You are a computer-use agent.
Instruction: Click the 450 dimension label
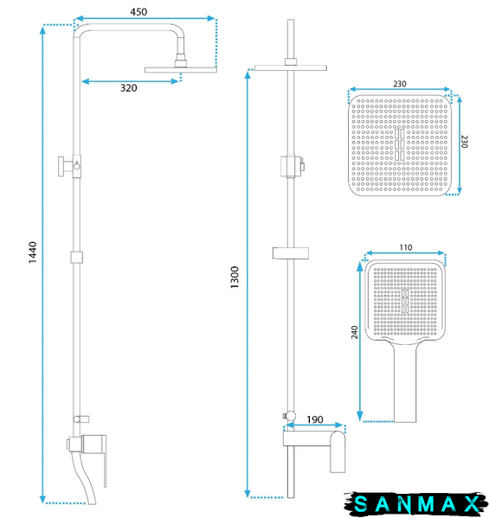click(138, 12)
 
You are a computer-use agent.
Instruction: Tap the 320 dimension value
click(129, 88)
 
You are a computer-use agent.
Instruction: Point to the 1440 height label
click(33, 253)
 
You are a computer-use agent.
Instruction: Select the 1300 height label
click(235, 278)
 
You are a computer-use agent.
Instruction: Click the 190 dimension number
click(315, 419)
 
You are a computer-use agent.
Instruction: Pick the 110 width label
click(406, 247)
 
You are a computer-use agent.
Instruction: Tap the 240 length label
click(355, 332)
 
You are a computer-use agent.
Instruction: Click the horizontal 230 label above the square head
click(400, 84)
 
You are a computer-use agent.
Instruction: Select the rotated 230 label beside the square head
click(464, 142)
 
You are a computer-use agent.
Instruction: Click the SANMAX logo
click(415, 504)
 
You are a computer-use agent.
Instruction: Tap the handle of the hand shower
click(405, 383)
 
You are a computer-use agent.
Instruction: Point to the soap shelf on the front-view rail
click(291, 253)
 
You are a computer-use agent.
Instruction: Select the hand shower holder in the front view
click(293, 166)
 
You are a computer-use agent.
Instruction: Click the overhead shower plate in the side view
click(181, 70)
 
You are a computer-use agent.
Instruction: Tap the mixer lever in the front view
click(338, 451)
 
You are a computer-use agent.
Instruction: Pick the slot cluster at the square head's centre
click(400, 144)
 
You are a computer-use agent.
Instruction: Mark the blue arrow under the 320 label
click(130, 81)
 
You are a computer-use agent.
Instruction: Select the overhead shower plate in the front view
click(291, 68)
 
